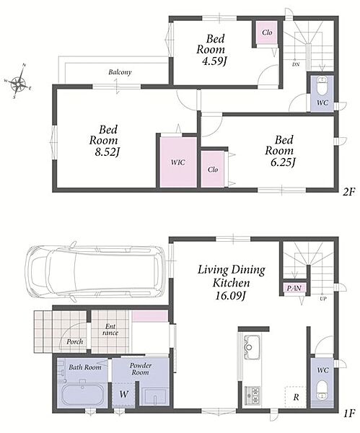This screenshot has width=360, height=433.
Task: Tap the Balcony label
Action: (120, 72)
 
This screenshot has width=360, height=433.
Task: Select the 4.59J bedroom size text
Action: (214, 61)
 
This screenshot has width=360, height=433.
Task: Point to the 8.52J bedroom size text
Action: (107, 152)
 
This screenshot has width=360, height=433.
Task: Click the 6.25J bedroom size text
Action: (283, 162)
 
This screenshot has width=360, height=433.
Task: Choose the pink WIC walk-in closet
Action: (178, 162)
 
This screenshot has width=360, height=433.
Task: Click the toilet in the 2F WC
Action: (322, 86)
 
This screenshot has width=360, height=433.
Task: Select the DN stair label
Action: (296, 65)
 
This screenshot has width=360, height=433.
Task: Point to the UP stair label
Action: (322, 299)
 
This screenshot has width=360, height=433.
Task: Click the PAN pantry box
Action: (294, 288)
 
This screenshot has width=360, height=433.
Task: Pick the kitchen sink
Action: (252, 347)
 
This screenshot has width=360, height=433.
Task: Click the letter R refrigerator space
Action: (296, 397)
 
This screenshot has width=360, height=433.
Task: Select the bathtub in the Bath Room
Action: (83, 394)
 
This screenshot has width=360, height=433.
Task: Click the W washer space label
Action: (123, 394)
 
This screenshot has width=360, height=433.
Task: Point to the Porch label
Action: (74, 342)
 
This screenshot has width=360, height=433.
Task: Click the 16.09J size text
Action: (231, 296)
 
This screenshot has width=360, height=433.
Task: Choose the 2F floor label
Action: (348, 191)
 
